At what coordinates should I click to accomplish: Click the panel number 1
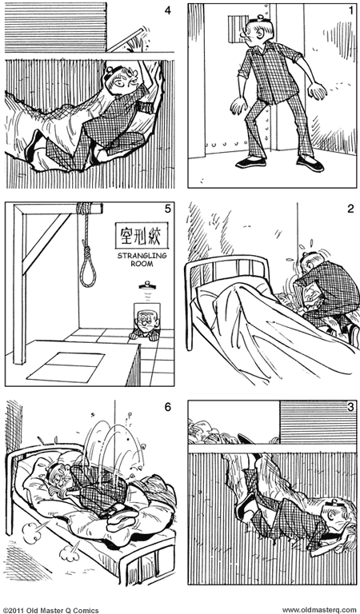point(350,10)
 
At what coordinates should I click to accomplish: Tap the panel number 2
point(350,209)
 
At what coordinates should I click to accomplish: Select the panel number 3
point(350,407)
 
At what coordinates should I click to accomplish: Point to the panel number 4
point(168,10)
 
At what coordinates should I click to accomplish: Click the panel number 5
point(168,209)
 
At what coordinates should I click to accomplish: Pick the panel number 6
point(168,407)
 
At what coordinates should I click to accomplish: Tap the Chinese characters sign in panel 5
point(142,235)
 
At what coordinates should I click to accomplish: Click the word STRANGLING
point(142,256)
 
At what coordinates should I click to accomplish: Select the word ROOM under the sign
point(142,264)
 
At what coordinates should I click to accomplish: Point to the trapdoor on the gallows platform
point(66,367)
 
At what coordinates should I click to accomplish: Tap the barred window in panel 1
point(236,29)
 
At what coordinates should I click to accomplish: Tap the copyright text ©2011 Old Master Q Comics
point(51,610)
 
